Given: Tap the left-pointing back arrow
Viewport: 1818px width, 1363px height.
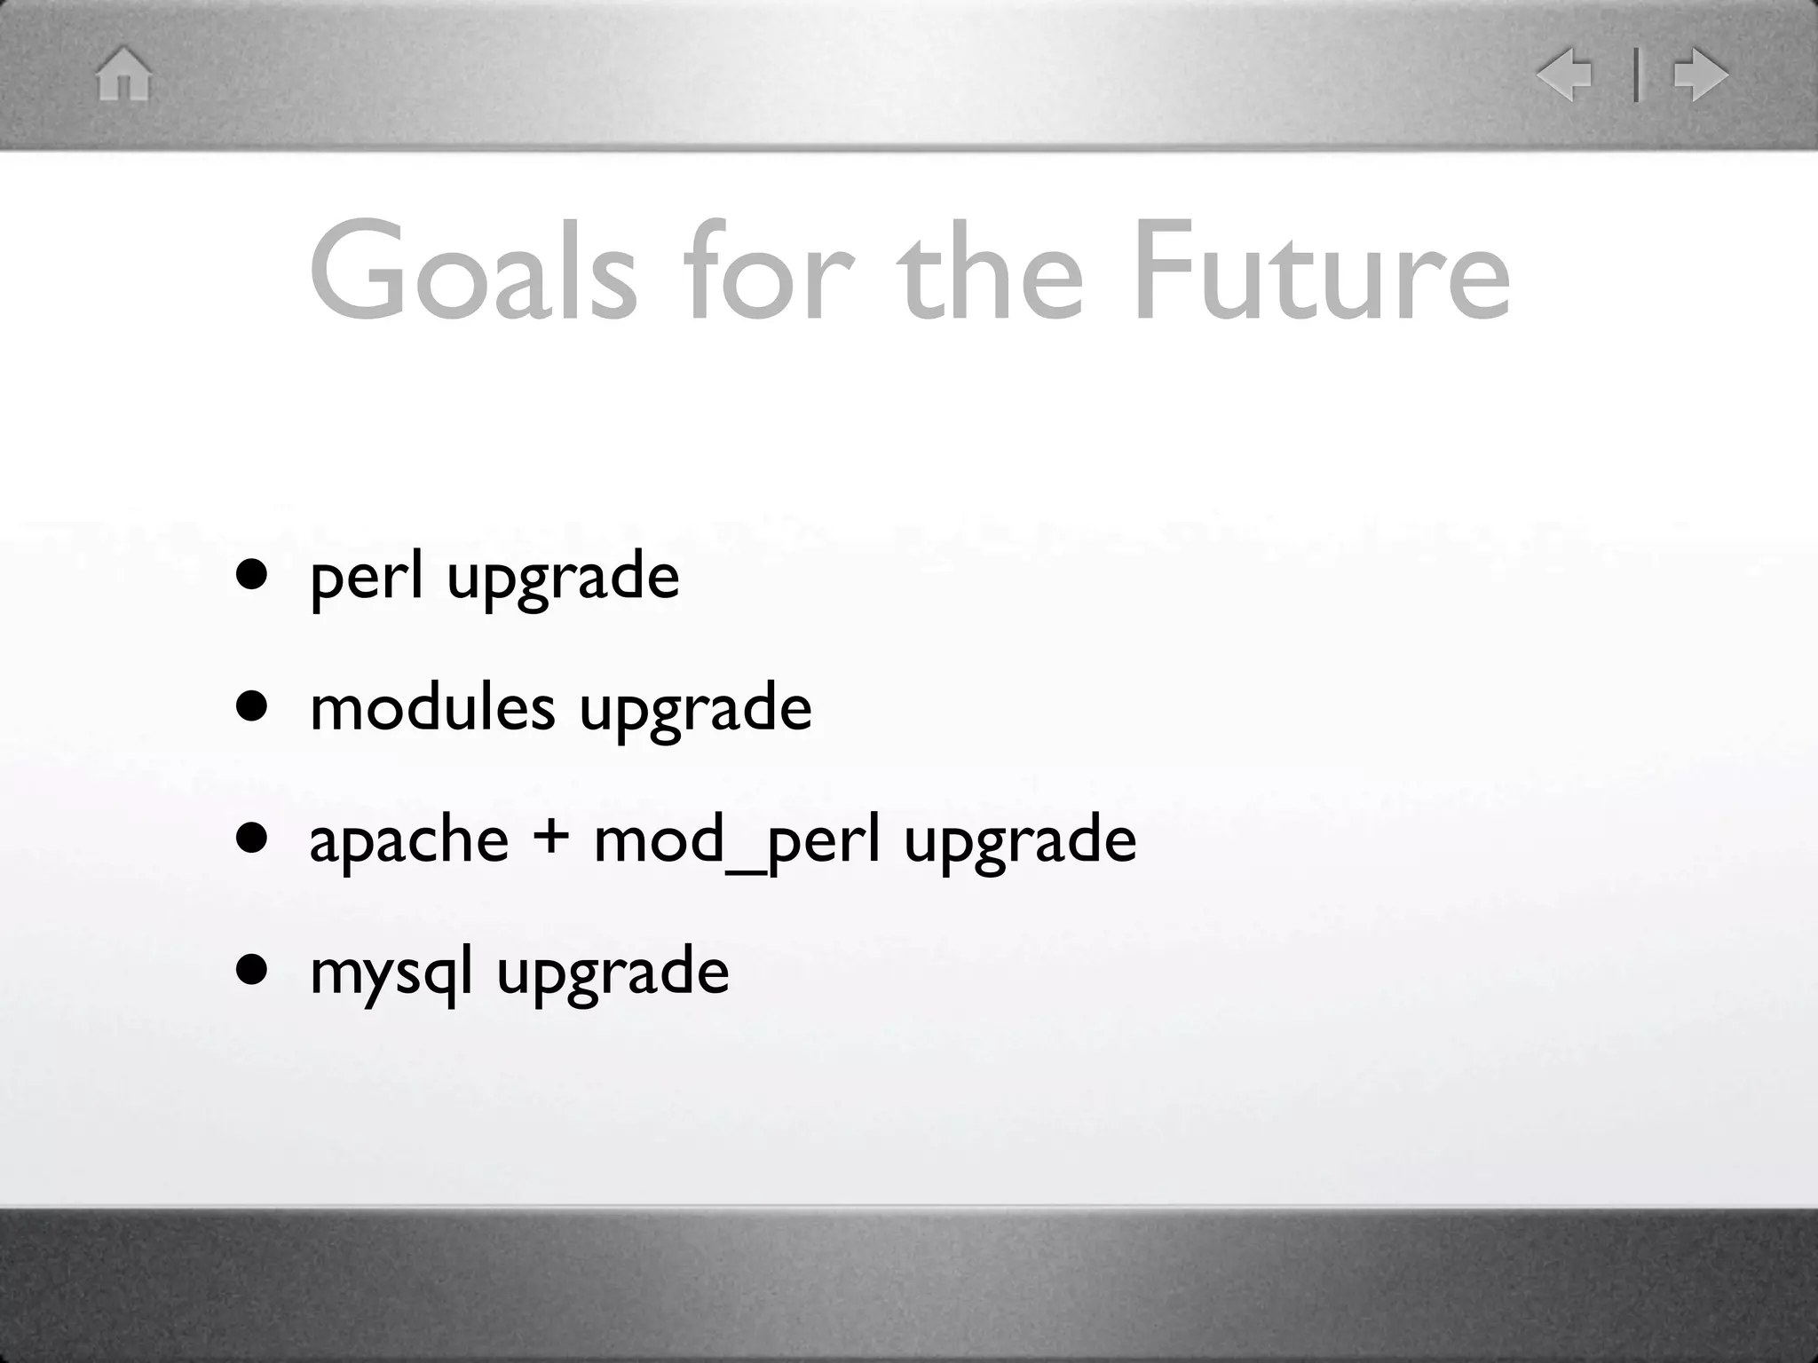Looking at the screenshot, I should [1566, 75].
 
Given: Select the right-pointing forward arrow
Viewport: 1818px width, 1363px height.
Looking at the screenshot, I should [1699, 75].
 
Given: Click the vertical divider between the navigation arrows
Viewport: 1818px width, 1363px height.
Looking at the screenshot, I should [1636, 75].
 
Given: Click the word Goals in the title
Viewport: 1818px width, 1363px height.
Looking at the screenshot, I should [472, 271].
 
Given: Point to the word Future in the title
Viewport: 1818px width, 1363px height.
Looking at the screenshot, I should [1321, 271].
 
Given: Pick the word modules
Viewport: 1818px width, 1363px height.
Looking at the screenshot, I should [432, 708].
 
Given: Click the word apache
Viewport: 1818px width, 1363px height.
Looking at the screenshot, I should [408, 839].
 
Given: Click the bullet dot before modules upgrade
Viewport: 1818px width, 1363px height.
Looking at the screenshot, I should [252, 706].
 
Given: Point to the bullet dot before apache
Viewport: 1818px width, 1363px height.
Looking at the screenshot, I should [252, 838].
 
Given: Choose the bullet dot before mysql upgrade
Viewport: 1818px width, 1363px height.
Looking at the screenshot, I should [252, 969].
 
